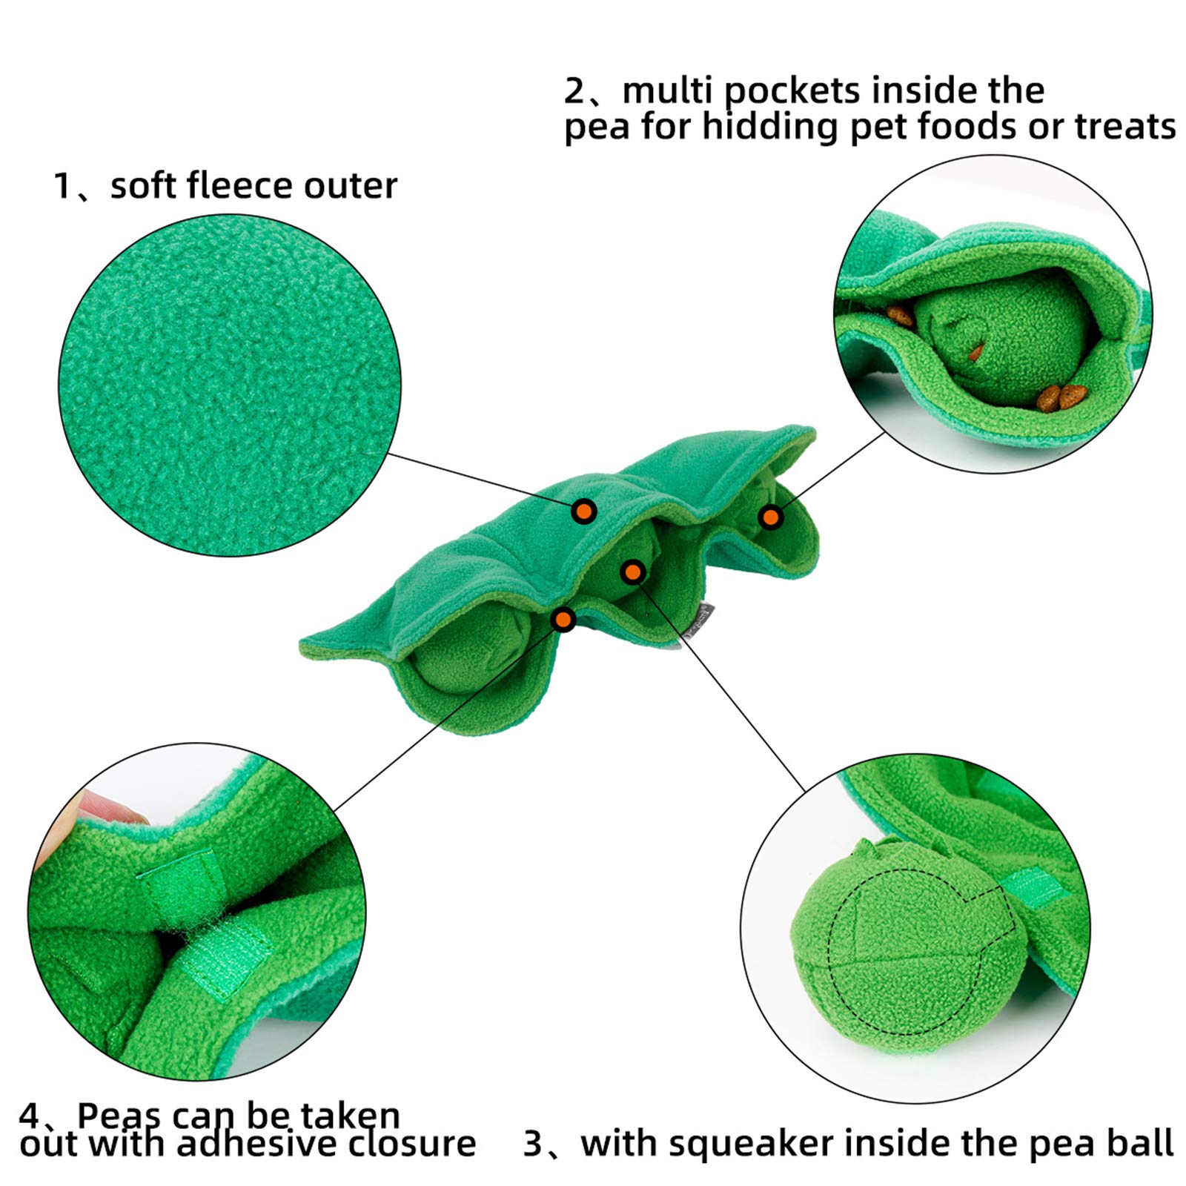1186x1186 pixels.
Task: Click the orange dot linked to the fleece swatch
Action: [584, 511]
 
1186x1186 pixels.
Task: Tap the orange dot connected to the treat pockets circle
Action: [771, 517]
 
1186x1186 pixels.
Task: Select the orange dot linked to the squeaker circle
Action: [632, 572]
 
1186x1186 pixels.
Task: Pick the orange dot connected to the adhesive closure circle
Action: [564, 619]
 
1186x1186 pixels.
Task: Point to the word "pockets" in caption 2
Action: [792, 92]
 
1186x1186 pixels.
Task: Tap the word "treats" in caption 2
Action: [1124, 126]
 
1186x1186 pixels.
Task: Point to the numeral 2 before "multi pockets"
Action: [574, 92]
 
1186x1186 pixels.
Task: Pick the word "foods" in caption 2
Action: [967, 126]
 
